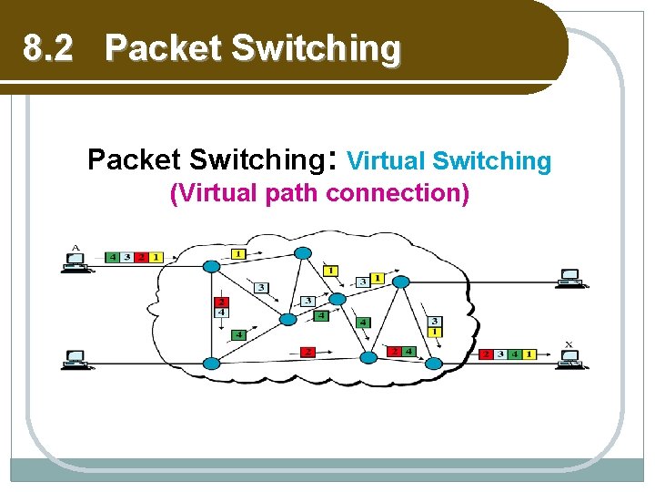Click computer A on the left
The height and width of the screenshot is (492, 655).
coord(76,261)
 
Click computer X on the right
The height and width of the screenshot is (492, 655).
coord(570,358)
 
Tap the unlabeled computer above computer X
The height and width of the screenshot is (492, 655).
coord(570,277)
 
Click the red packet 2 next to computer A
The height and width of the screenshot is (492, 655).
coord(141,257)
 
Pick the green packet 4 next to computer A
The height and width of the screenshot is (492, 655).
coord(113,257)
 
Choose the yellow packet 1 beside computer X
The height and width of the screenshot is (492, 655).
coord(529,353)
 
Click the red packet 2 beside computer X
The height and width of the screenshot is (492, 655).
coord(488,353)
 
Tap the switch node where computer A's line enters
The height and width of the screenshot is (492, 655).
coord(211,266)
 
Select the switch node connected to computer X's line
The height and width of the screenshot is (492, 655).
coord(434,363)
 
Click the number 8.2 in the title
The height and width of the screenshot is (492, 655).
coord(47,47)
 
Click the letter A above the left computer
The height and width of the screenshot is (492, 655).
coord(75,246)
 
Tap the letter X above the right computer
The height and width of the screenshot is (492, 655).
coord(569,344)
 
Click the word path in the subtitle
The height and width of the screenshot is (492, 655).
coord(292,193)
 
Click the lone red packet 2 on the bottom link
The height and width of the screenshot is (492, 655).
coord(307,351)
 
